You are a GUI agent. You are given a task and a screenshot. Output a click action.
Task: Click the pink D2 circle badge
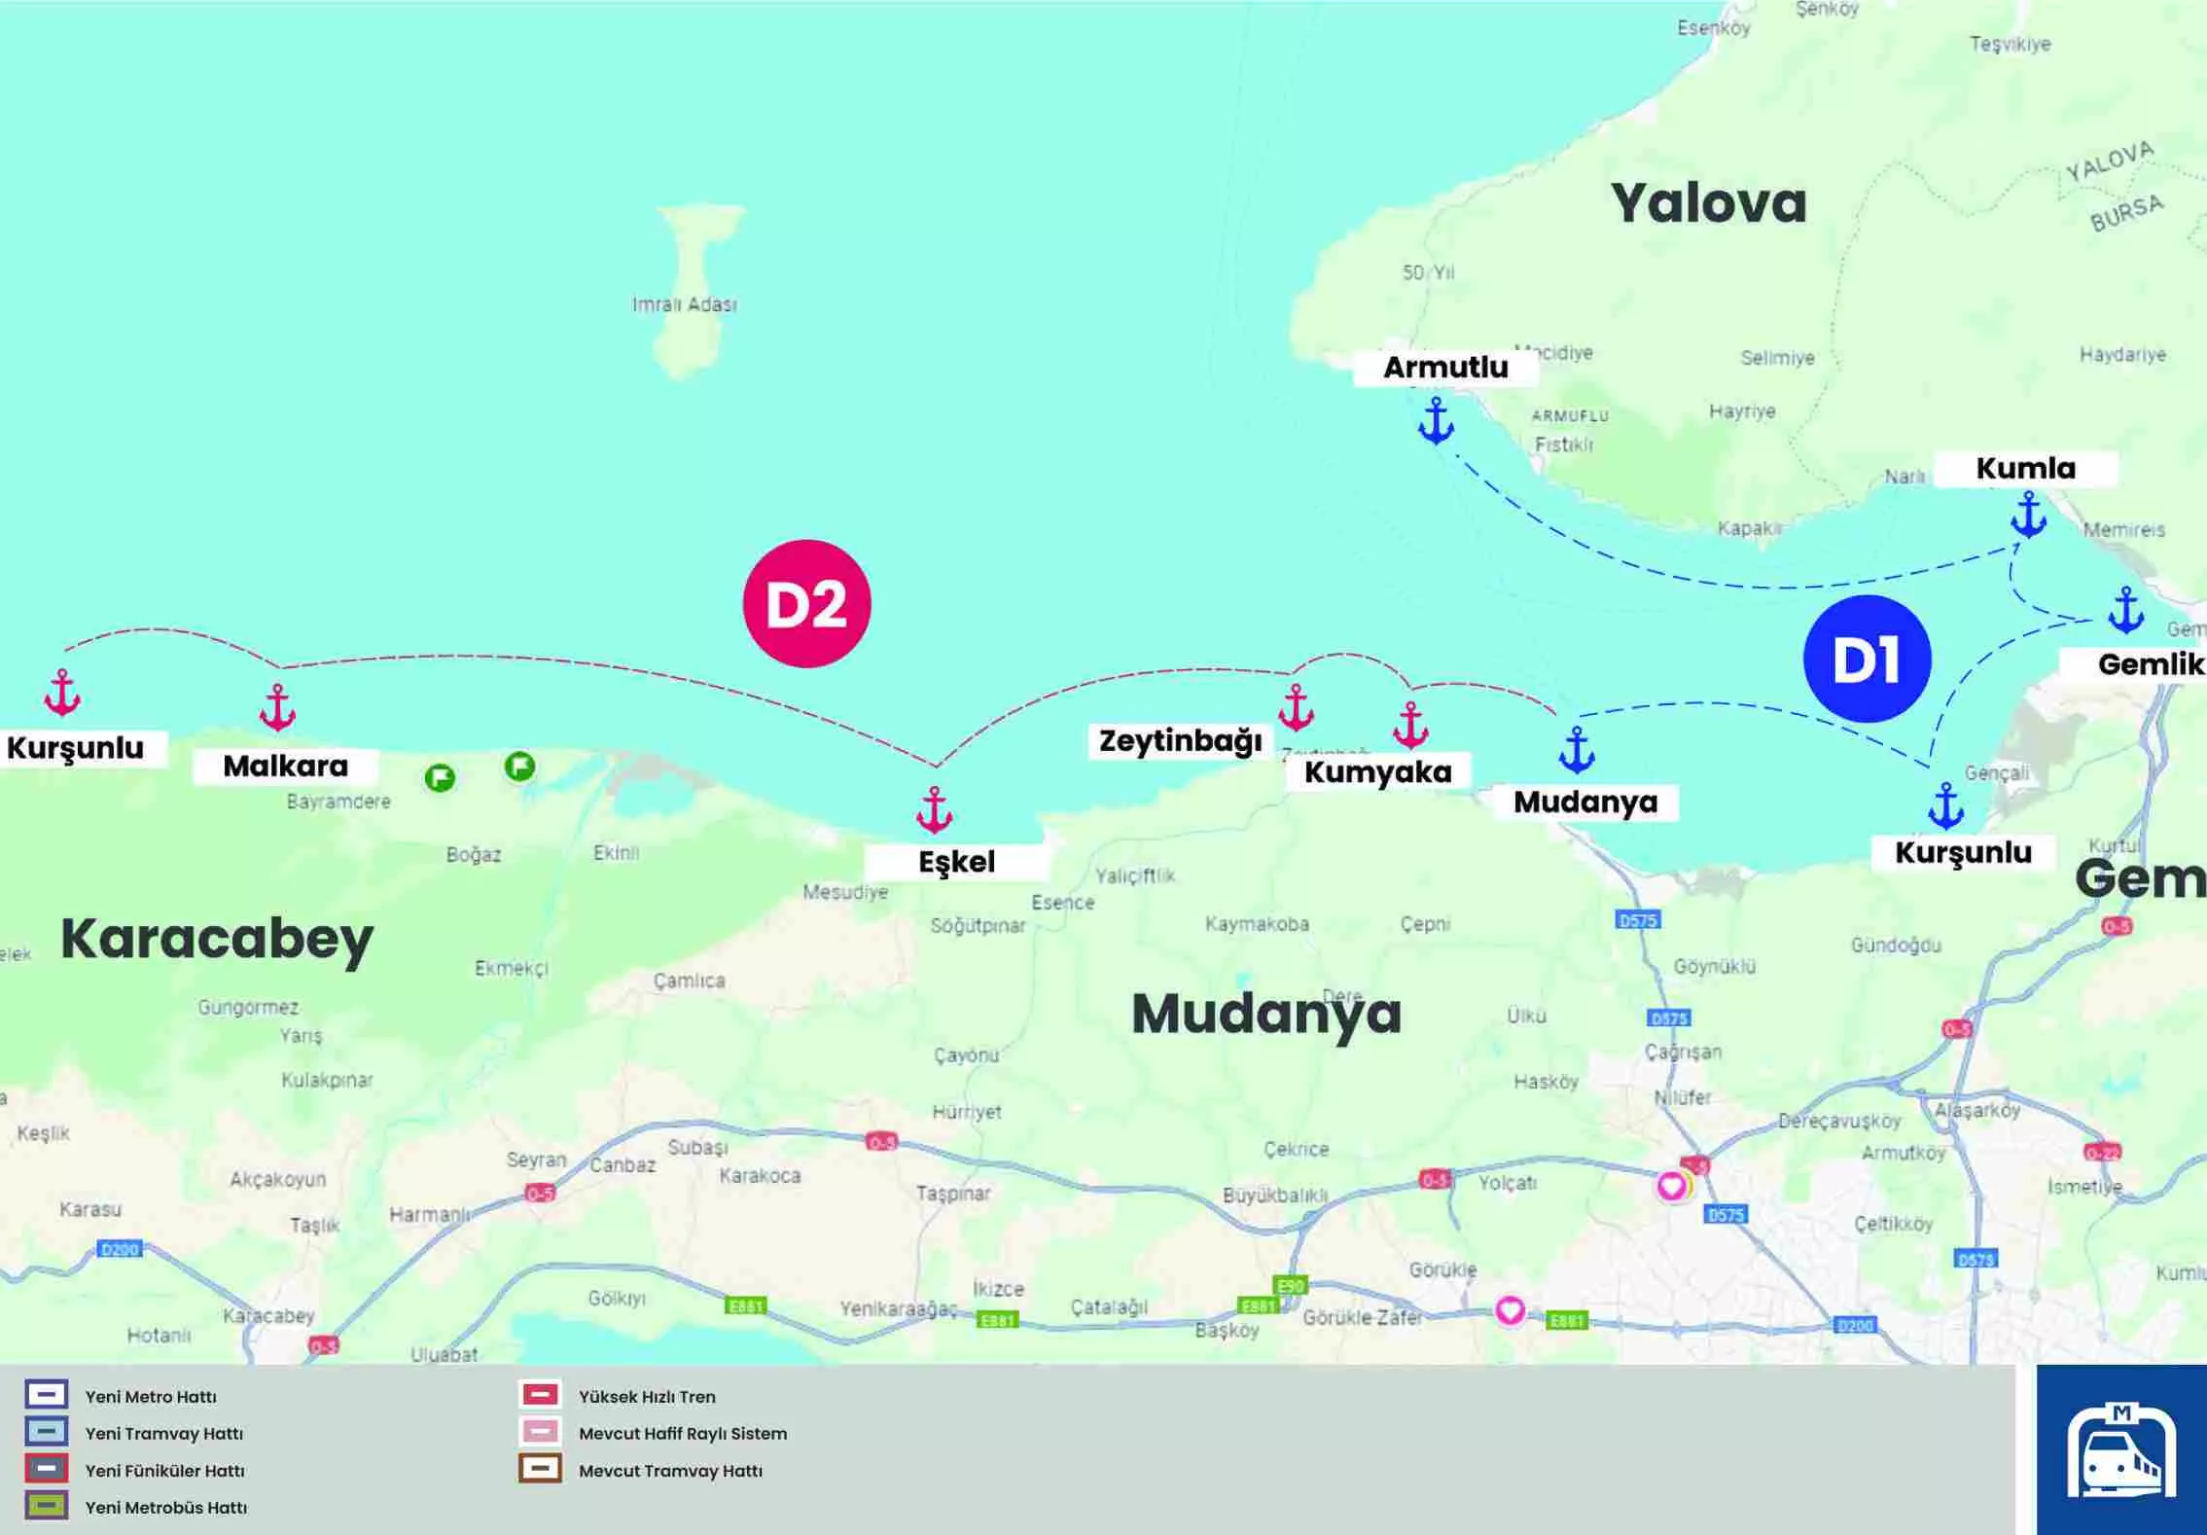pos(806,603)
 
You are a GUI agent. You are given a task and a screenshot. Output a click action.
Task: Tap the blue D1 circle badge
pos(1867,659)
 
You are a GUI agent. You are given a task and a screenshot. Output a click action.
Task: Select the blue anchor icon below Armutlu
pos(1436,420)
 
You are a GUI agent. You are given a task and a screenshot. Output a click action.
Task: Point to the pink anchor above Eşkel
pos(934,809)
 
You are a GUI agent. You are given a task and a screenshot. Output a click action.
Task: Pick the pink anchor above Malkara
pos(277,707)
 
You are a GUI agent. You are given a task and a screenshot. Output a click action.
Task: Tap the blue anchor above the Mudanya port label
pos(1576,749)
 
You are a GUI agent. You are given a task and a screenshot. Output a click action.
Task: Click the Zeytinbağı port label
pos(1180,741)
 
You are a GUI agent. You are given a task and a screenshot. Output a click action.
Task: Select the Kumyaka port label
pos(1377,772)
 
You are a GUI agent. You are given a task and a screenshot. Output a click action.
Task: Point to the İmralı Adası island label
pos(685,304)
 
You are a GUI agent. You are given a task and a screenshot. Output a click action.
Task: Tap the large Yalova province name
pos(1708,203)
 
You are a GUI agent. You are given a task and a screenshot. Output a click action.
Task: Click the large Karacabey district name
pos(217,939)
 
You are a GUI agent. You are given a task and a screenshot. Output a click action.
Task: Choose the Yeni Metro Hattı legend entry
pos(150,1397)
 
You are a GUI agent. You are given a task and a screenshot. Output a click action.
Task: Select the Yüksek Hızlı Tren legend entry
pos(646,1397)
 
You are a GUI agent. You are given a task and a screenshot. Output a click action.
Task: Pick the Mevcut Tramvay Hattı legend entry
pos(669,1471)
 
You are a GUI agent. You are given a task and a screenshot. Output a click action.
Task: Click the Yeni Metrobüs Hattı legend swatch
pos(47,1506)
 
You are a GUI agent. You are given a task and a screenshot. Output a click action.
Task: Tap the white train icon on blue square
pos(2121,1450)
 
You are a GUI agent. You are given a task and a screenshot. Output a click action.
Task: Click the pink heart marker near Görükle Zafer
pos(1510,1310)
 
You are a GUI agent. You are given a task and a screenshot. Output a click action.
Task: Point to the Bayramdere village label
pos(338,802)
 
